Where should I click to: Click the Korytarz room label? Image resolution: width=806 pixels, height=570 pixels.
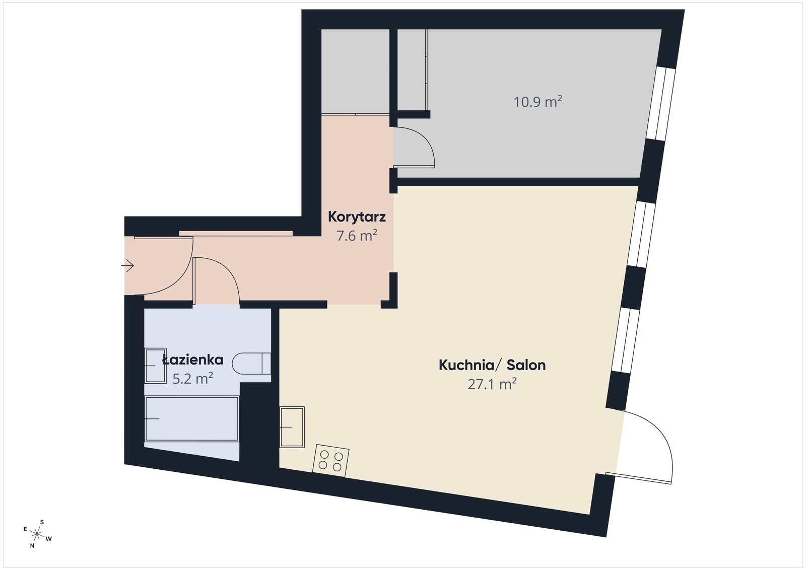357,217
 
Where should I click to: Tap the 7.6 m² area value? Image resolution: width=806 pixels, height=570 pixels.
357,236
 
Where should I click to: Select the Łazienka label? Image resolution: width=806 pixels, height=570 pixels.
193,359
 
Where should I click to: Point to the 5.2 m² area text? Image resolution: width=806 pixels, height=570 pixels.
192,378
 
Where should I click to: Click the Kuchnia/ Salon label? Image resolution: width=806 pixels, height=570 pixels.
492,365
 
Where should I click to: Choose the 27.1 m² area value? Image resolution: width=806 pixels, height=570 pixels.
492,384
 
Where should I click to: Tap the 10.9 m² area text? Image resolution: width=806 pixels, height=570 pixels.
538,102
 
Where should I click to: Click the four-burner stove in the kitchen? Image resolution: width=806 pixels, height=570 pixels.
330,461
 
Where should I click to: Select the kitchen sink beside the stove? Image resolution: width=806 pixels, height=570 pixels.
292,427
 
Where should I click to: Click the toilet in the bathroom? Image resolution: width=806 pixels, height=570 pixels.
251,364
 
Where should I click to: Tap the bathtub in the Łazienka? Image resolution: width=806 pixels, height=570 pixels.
191,418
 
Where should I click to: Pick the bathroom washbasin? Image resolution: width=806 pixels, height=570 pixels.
155,366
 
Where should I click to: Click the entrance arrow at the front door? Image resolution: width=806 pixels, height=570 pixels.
127,266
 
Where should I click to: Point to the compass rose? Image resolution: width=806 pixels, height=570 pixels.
37,534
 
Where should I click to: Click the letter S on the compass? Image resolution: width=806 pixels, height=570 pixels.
42,522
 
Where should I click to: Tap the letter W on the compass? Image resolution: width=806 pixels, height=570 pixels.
49,539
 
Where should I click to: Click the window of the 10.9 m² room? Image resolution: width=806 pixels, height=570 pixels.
661,104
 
